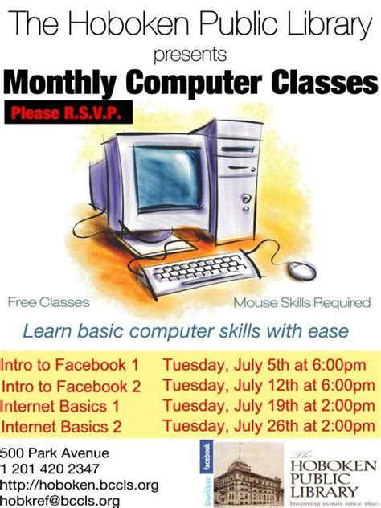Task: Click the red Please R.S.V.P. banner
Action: (71, 114)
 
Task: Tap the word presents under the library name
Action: (190, 55)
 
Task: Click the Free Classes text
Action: (48, 303)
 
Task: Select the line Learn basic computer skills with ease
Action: (186, 330)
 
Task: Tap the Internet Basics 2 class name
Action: (62, 427)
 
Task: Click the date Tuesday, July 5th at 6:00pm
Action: (268, 364)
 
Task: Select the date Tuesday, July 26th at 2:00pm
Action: (269, 427)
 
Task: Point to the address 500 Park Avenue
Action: (55, 453)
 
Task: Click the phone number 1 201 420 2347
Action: (51, 469)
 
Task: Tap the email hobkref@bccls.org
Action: (60, 501)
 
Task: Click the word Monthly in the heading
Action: (57, 83)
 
